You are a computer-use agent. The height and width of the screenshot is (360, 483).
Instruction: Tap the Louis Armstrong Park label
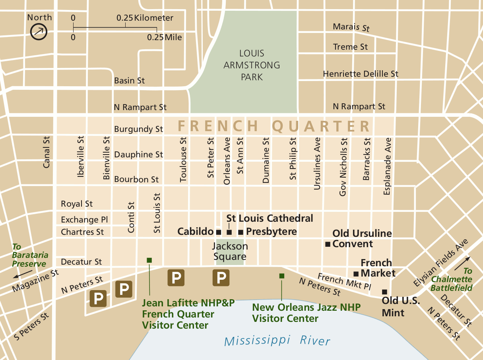(x=252, y=65)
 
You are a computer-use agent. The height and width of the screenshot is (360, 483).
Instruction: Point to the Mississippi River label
(x=277, y=341)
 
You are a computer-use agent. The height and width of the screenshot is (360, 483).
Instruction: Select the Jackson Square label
(x=230, y=251)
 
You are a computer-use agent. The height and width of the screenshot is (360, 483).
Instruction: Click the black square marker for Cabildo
(x=218, y=232)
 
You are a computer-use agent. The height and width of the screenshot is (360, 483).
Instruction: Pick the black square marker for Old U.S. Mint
(x=384, y=292)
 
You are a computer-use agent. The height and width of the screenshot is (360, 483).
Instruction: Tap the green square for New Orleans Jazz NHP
(x=281, y=276)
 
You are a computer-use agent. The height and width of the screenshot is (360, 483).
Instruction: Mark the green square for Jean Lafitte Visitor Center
(x=149, y=260)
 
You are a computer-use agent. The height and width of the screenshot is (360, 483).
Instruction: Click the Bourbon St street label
(x=136, y=180)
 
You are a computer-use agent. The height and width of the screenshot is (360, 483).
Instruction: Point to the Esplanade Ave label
(x=387, y=166)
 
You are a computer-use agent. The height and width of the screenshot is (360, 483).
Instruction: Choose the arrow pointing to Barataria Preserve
(x=22, y=275)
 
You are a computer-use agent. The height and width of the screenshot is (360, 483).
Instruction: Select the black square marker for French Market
(x=356, y=273)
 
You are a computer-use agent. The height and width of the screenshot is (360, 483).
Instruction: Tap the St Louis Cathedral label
(x=270, y=218)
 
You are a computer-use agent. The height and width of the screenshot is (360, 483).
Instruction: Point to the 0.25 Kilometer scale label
(x=145, y=18)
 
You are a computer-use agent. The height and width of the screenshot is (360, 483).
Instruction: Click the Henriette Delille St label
(x=360, y=74)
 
